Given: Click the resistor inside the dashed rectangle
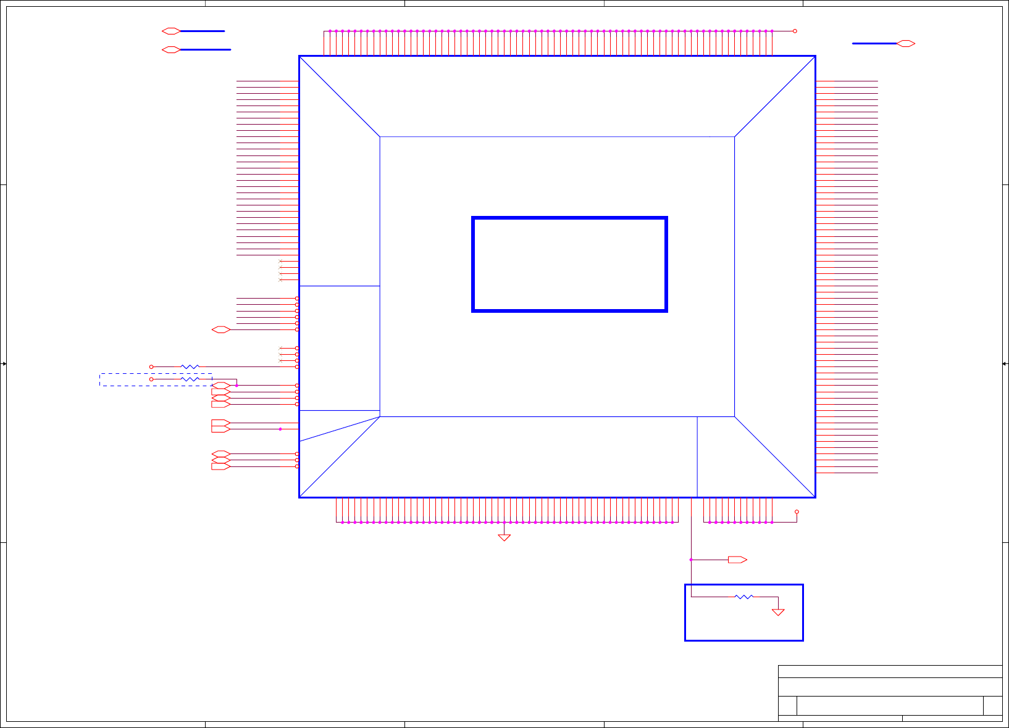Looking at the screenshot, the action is coord(190,379).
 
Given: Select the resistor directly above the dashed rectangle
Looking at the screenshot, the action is coord(190,367).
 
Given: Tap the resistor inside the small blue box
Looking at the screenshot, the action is coord(744,597).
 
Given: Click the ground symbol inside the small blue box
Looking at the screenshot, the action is coord(778,611).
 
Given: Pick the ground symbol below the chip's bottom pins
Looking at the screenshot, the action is coord(505,537).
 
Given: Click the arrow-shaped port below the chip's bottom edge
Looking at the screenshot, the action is coord(737,560).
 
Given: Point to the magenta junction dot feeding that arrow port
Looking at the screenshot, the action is coord(691,560).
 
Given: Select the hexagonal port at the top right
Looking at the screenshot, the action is coord(905,44).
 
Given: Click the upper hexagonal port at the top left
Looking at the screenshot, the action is coord(171,31).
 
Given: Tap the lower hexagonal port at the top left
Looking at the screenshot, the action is coord(171,50).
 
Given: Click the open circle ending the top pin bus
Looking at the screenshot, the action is coord(795,31).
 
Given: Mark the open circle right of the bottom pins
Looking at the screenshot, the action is coord(797,512).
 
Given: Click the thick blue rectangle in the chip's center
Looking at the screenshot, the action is coord(569,265).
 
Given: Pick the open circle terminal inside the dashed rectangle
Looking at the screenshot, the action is coord(151,379).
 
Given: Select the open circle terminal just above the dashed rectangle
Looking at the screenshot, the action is coord(151,367).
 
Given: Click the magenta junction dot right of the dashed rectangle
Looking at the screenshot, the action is coord(237,386).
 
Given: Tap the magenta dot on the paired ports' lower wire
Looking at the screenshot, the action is coord(280,429).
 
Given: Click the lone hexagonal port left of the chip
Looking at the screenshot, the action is coord(220,330).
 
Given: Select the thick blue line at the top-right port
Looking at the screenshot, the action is coord(874,44).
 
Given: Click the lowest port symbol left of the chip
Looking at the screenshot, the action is coord(220,466).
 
